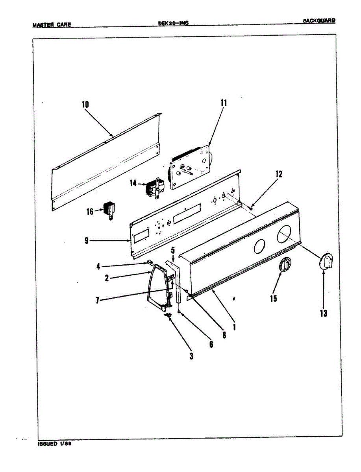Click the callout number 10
tap(85, 105)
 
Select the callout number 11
tap(224, 103)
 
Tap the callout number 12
tap(279, 174)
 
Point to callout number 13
tap(323, 313)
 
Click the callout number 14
tap(133, 183)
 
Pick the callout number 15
tap(274, 299)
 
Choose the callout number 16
tap(90, 211)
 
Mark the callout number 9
tap(86, 241)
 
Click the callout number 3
tap(192, 356)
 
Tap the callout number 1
tap(234, 326)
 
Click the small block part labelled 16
tap(109, 209)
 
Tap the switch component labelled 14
tap(154, 187)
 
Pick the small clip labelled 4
tap(150, 261)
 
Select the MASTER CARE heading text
tap(52, 25)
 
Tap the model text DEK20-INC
tap(173, 23)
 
